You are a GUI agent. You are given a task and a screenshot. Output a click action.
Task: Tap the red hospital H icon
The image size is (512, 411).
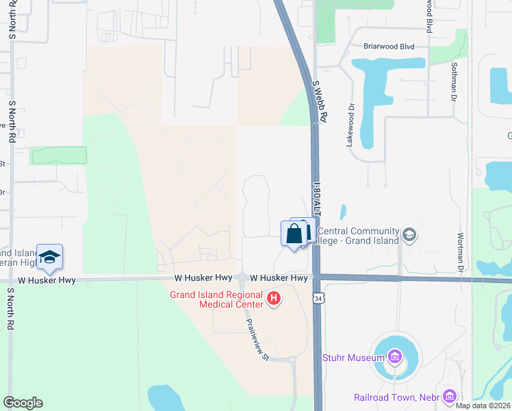274,299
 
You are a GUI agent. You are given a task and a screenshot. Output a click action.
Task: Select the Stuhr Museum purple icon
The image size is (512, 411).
394,356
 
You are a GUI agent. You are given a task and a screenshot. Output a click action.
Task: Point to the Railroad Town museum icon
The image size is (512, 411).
449,396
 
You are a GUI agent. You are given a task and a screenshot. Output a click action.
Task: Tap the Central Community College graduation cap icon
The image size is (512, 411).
409,235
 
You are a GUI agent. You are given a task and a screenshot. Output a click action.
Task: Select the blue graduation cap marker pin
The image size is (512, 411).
49,257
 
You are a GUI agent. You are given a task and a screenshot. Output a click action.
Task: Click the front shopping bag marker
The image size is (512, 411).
294,234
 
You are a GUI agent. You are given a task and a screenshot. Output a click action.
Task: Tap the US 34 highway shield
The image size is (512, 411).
318,298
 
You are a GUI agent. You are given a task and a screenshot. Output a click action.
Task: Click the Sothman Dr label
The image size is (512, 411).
453,82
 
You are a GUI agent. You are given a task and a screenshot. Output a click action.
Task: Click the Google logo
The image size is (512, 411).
23,403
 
